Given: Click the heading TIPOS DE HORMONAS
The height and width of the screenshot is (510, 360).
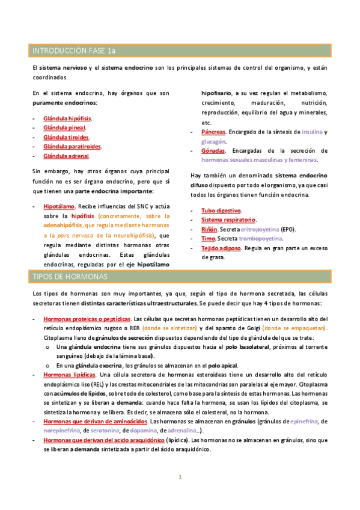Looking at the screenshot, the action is click(70, 276).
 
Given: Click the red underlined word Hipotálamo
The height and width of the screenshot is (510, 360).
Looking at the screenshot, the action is click(58, 206).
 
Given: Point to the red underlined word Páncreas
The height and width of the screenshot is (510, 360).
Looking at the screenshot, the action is click(214, 132).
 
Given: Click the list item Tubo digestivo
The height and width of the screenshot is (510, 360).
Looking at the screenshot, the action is click(221, 210).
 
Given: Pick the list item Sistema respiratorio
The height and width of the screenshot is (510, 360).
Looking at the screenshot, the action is click(228, 220).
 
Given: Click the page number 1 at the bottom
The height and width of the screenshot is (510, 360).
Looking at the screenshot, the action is click(179, 478).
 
